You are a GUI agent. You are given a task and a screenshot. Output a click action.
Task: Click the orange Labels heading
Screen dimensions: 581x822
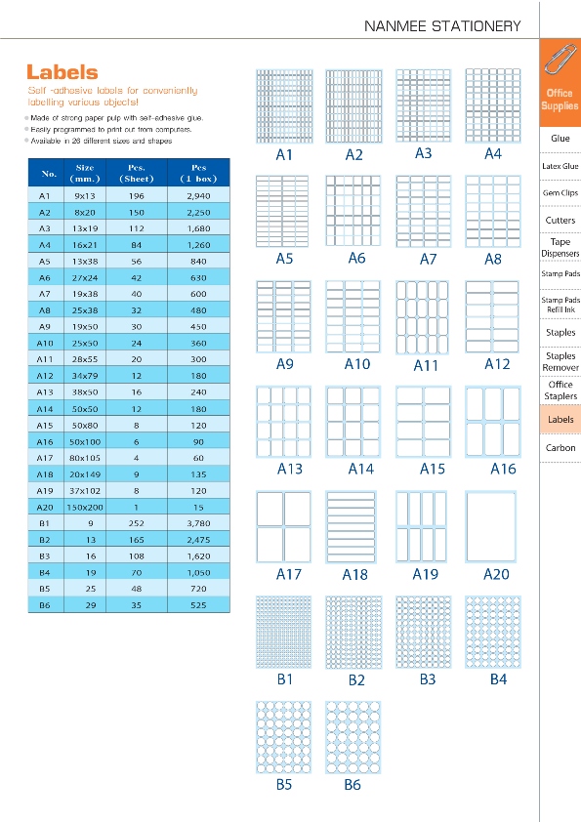coord(62,72)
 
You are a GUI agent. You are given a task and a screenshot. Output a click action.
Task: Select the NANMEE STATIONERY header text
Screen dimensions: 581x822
coord(442,26)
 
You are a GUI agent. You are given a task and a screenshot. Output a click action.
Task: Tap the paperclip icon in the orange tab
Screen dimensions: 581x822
coord(560,60)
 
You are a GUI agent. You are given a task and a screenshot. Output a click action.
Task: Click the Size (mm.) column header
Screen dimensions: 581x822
coord(84,173)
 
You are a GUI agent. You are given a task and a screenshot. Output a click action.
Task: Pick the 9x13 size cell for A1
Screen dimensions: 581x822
coord(84,196)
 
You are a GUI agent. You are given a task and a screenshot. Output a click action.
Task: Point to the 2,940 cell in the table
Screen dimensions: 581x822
coord(199,196)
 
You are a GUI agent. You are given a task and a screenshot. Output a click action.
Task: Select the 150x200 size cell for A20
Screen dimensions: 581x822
coord(84,508)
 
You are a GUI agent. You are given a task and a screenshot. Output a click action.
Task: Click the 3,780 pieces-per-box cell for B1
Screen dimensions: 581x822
coord(199,523)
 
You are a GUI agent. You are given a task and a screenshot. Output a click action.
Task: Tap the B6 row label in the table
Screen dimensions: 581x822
coord(45,605)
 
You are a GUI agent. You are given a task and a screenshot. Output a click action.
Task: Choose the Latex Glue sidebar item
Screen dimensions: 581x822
coord(560,166)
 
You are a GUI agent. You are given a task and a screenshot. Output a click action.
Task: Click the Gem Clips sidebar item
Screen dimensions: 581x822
coord(560,193)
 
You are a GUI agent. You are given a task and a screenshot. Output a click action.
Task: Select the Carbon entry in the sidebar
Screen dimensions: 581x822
coord(560,448)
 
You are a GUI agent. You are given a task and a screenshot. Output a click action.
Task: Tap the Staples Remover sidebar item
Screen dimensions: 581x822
coord(560,362)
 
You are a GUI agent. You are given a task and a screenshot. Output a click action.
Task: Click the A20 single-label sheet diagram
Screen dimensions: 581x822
coord(491,527)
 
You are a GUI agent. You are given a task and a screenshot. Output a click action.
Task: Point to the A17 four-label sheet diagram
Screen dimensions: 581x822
coord(284,527)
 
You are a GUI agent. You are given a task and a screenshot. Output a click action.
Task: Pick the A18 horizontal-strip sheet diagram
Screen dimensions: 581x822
coord(351,527)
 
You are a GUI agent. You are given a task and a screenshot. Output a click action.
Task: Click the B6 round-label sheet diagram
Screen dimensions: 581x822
coord(353,737)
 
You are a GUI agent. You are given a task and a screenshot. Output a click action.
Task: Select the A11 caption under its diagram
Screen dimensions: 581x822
coord(426,365)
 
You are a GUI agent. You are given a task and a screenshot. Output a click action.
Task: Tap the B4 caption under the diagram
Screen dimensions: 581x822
coord(498,679)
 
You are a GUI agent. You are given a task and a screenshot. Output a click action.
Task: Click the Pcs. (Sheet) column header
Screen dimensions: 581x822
coord(137,173)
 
